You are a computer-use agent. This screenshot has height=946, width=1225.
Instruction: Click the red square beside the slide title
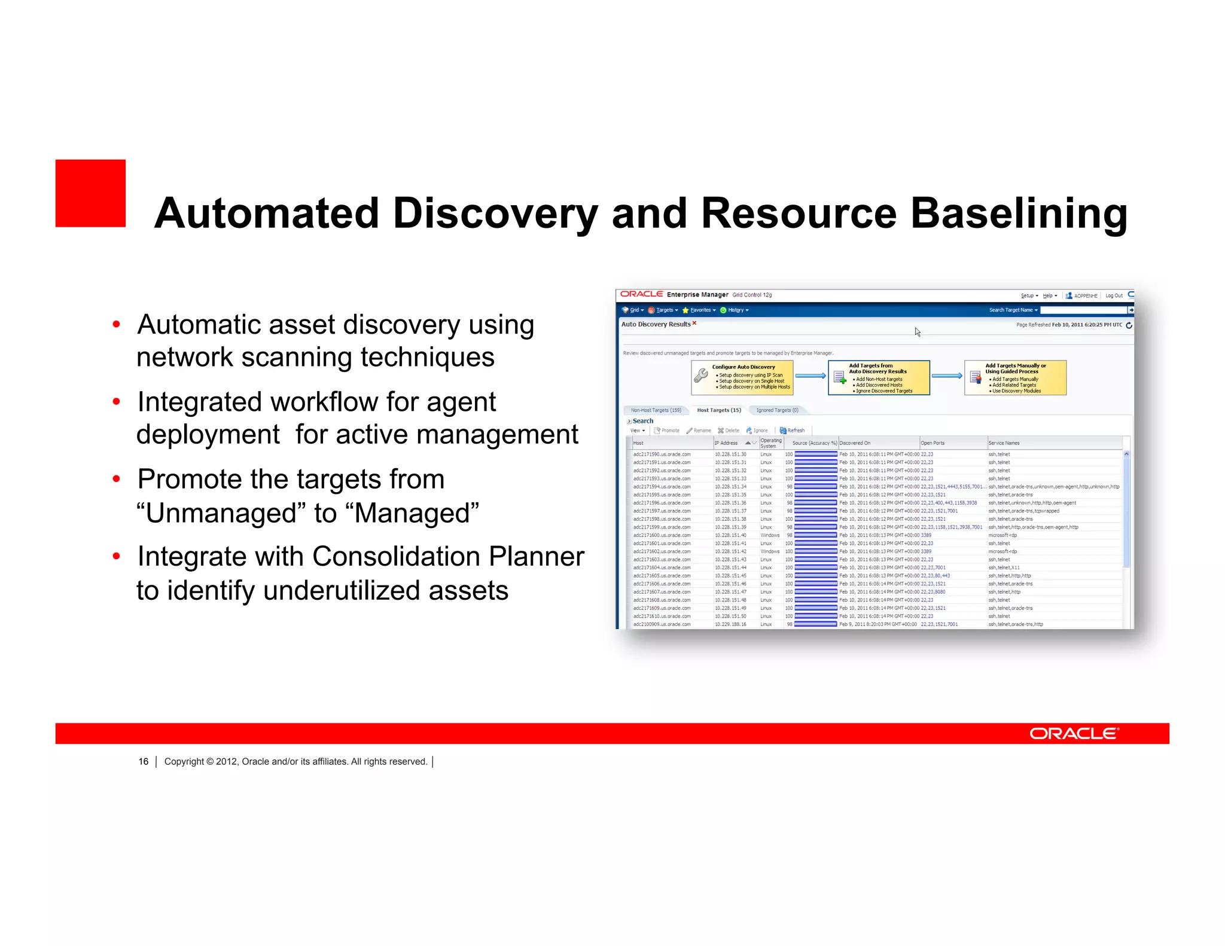pos(90,193)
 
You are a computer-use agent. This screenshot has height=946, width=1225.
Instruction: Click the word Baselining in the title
pos(1019,213)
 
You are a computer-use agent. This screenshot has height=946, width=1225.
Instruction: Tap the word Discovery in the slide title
pos(495,213)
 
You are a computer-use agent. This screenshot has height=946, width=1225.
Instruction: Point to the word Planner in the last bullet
pos(536,556)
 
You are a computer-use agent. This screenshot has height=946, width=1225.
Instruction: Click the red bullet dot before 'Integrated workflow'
pos(116,402)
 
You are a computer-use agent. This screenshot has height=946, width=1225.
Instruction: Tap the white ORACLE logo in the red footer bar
pos(1074,733)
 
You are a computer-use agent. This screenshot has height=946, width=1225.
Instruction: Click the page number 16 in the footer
pos(143,761)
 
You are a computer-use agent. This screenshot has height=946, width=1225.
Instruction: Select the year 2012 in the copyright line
pos(227,761)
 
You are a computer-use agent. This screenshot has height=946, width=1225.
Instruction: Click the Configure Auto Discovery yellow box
pos(742,377)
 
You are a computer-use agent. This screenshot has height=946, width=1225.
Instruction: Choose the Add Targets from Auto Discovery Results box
pos(879,377)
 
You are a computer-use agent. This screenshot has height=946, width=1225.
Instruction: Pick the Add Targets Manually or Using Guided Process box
pos(1015,377)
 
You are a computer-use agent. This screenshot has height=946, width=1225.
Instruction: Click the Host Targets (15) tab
pos(718,410)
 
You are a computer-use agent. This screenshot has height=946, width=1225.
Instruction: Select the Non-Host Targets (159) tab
pos(656,410)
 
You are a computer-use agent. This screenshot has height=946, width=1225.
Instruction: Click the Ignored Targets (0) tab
pos(777,410)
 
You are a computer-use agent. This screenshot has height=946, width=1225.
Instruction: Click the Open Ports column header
pos(933,443)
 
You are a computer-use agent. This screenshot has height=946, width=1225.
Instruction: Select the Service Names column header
pos(1004,443)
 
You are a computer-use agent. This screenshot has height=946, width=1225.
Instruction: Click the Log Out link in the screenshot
pos(1113,295)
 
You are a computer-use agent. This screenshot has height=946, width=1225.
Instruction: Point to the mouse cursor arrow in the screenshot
pos(917,331)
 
